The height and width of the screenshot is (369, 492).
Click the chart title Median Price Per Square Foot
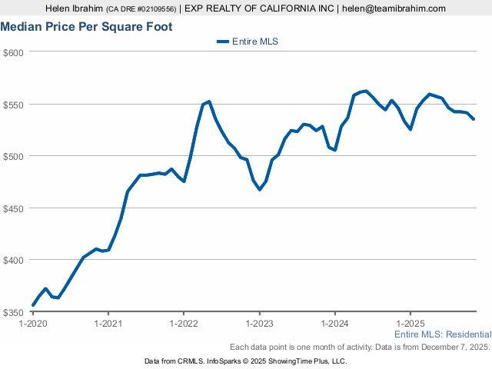click(x=86, y=27)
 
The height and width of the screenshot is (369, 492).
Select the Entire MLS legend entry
click(x=247, y=42)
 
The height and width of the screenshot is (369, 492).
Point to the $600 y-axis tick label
click(x=14, y=52)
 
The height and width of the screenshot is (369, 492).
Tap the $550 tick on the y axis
click(x=14, y=105)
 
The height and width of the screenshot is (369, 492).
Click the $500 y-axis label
click(x=14, y=156)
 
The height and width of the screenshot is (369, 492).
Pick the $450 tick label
click(x=14, y=208)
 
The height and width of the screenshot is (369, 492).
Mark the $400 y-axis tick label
click(x=14, y=260)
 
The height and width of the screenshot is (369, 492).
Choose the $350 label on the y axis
click(x=14, y=312)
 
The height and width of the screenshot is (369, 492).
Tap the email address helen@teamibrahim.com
click(x=394, y=8)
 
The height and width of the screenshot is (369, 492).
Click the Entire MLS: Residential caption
click(x=442, y=335)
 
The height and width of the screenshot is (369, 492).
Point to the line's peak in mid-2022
click(x=209, y=101)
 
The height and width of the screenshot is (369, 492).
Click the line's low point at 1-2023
click(x=260, y=189)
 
